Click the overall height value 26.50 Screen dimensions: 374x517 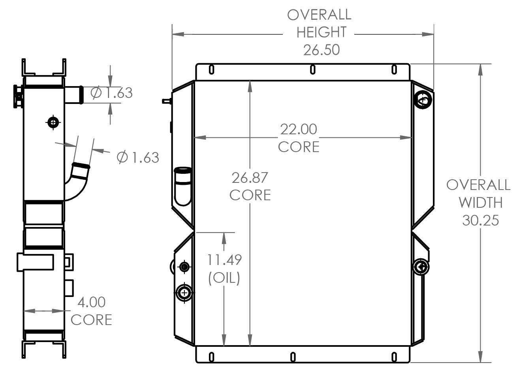[x=321, y=50]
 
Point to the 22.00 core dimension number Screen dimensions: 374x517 [x=299, y=129]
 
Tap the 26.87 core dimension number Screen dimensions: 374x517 [x=250, y=178]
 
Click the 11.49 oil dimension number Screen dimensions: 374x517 [x=224, y=260]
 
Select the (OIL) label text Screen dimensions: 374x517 [x=224, y=278]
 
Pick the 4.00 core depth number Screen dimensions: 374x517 [x=91, y=302]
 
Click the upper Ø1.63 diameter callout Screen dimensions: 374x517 [x=111, y=93]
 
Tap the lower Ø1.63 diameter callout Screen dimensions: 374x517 [x=138, y=157]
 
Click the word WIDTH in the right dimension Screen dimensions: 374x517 [x=480, y=203]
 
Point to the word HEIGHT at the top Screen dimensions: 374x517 [x=321, y=32]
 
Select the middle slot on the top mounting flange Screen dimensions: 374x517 [x=312, y=70]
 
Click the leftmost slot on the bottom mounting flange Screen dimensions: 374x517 [x=211, y=357]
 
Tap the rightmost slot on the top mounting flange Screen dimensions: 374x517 [x=394, y=70]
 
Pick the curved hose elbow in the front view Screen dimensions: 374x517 [x=183, y=186]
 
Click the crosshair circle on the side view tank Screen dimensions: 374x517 [x=53, y=122]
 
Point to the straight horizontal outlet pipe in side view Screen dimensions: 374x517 [x=73, y=95]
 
